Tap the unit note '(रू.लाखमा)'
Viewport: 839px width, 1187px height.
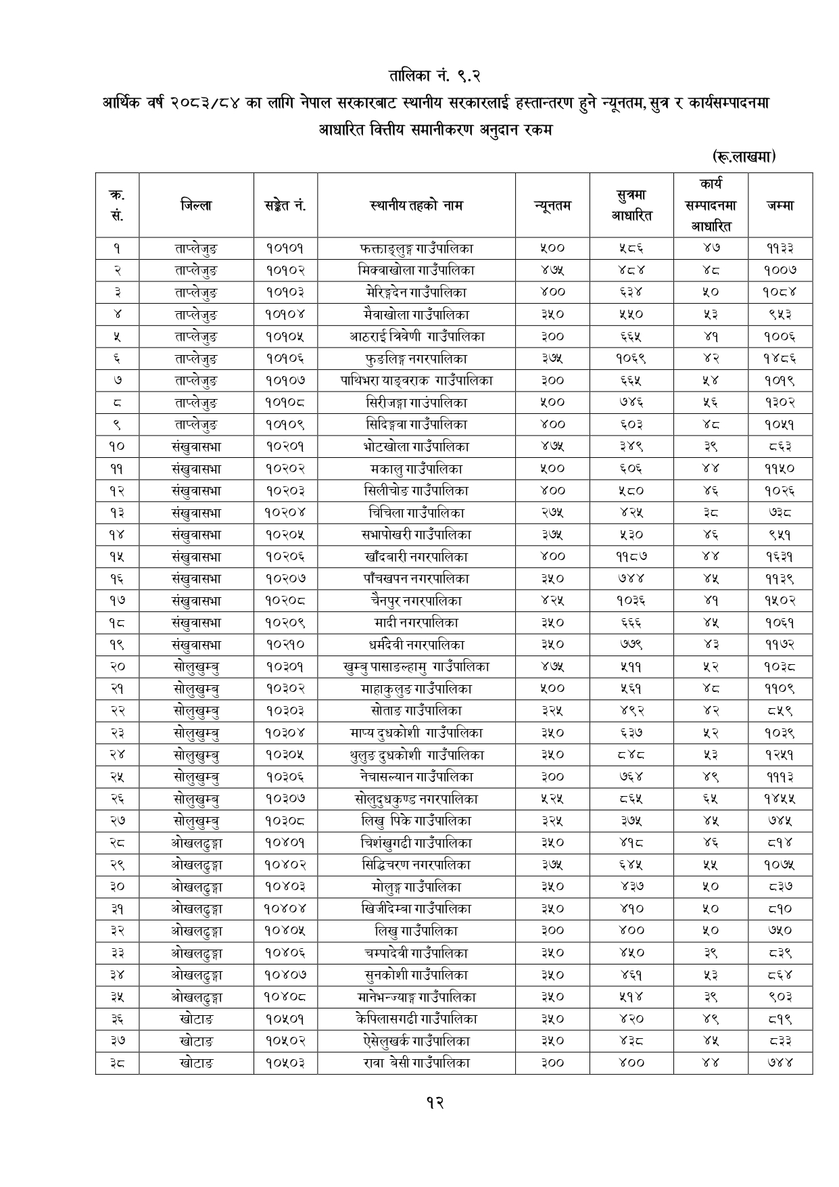pos(743,157)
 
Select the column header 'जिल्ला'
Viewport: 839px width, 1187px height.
pos(196,205)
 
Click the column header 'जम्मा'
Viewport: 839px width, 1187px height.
pos(780,205)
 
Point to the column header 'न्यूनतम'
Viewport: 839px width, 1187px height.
pos(552,205)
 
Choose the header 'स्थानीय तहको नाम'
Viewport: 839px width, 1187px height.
pos(416,205)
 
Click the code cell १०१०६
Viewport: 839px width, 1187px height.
pos(285,358)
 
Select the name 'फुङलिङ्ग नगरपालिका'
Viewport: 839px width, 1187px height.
pos(416,358)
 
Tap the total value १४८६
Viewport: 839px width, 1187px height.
pos(780,358)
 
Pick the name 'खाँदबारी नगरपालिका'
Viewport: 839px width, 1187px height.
pos(416,557)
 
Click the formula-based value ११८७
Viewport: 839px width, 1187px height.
pos(631,557)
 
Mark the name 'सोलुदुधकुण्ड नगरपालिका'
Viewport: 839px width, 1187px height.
pos(416,799)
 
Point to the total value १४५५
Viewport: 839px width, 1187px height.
pos(780,799)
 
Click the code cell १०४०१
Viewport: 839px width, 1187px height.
pos(285,843)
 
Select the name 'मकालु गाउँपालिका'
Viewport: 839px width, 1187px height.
pos(416,469)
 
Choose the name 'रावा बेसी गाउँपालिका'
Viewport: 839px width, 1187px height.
pos(416,1063)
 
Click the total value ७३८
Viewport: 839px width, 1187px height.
pos(780,513)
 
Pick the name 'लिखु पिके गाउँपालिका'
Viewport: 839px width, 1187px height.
pos(416,821)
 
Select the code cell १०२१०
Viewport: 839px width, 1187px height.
pos(285,645)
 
